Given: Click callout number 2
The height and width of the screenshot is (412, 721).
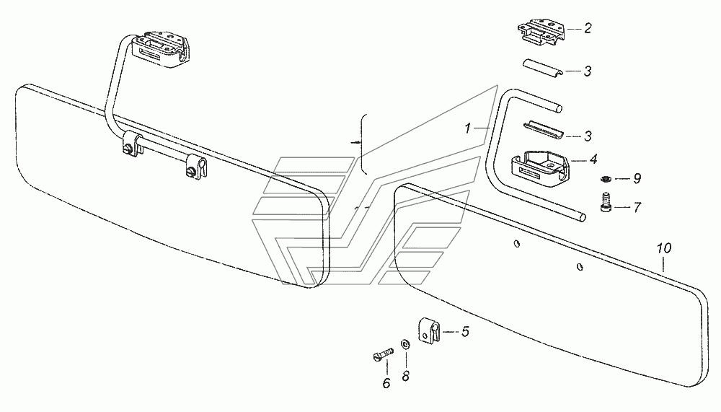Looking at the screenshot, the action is [587, 29].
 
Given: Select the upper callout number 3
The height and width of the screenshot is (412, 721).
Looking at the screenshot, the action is [587, 71].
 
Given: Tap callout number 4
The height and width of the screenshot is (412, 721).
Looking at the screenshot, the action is [593, 159].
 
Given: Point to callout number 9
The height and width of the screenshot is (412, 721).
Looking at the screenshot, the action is [637, 179].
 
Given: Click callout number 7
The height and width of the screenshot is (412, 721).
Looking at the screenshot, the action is [637, 208].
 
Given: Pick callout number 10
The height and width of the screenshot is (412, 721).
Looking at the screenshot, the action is [664, 249].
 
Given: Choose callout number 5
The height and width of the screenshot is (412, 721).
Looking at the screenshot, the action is [465, 331].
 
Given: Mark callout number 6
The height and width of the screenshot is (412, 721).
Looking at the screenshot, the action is [386, 383].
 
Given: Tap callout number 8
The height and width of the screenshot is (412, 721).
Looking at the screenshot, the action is [405, 377].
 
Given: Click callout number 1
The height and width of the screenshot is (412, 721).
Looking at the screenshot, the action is [468, 128].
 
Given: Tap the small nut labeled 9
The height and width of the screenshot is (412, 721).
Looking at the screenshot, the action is [606, 178].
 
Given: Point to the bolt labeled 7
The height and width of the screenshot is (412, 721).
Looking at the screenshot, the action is [606, 203].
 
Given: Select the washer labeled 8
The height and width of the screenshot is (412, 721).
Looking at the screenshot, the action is [405, 344].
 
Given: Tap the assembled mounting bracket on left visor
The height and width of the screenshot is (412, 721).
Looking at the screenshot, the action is [160, 49].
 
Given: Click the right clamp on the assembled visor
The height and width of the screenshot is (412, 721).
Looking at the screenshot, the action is [196, 167].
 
